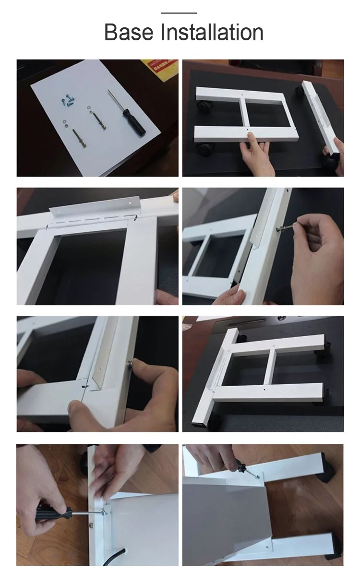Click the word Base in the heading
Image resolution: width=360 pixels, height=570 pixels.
coord(129,32)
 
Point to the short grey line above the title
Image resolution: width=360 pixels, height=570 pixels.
coord(179,13)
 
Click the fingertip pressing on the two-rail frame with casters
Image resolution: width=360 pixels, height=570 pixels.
coord(250,136)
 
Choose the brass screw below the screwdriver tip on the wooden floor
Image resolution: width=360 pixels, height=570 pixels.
coord(91,525)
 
